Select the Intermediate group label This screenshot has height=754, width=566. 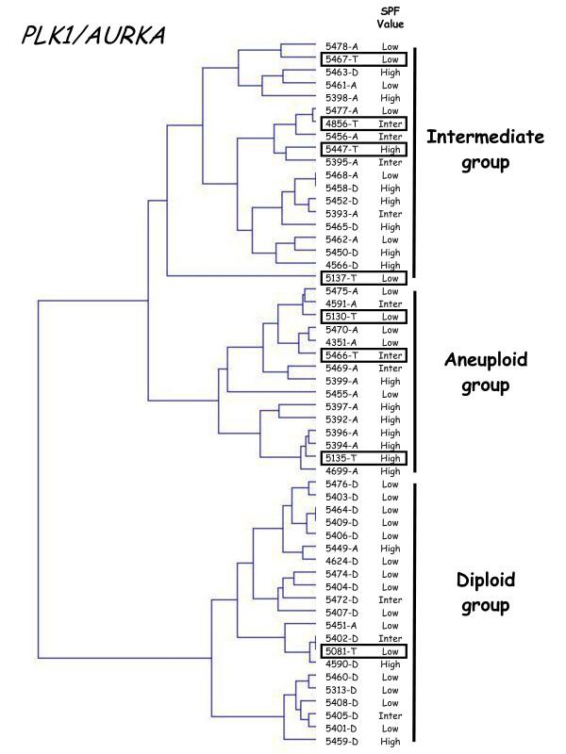pyautogui.click(x=485, y=149)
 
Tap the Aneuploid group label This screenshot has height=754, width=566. pyautogui.click(x=485, y=371)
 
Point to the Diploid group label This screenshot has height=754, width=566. pyautogui.click(x=485, y=592)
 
